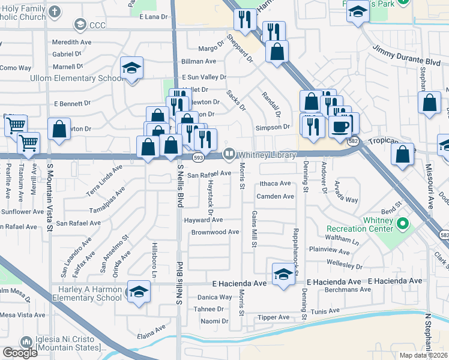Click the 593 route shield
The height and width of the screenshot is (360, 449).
(197, 157)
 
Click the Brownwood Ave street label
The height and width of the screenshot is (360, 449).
(215, 232)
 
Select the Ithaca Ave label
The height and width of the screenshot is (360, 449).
(275, 184)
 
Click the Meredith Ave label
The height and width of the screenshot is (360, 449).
(71, 43)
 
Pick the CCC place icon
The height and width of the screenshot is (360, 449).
(79, 25)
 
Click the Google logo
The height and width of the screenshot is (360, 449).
(20, 353)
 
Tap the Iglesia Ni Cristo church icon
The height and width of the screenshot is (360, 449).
(25, 341)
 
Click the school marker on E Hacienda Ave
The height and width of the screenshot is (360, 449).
(283, 274)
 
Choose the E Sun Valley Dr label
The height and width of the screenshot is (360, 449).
(205, 77)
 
